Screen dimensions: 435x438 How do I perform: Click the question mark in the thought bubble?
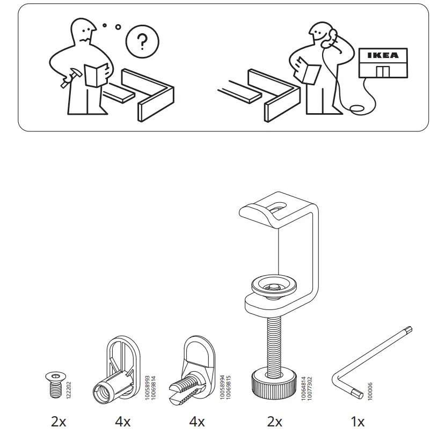(142, 42)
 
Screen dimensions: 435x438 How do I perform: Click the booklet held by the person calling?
(310, 70)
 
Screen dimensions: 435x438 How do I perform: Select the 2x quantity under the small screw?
(59, 422)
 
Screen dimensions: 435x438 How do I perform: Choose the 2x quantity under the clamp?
(275, 422)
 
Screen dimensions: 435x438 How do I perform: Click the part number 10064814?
(303, 386)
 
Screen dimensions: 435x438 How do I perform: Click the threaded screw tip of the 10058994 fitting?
(180, 387)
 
